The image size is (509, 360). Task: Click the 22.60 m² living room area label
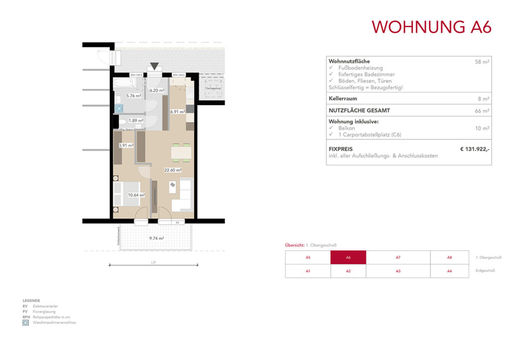(x=172, y=170)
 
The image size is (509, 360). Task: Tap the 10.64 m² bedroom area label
(x=136, y=195)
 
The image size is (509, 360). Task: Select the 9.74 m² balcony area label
(x=157, y=238)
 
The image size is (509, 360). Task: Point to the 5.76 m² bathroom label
(x=133, y=96)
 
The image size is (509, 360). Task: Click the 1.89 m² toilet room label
(x=136, y=120)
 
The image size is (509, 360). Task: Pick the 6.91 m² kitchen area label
(x=177, y=112)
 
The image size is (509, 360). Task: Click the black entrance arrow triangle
(x=155, y=66)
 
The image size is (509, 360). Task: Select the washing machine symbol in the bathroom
(x=119, y=107)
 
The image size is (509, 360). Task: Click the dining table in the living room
(x=181, y=152)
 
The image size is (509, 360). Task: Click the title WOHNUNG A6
(x=431, y=27)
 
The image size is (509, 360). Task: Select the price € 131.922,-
(x=475, y=148)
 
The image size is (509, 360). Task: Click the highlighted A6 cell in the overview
(x=348, y=258)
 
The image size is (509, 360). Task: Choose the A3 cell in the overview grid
(x=398, y=271)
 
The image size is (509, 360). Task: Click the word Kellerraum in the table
(x=343, y=98)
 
